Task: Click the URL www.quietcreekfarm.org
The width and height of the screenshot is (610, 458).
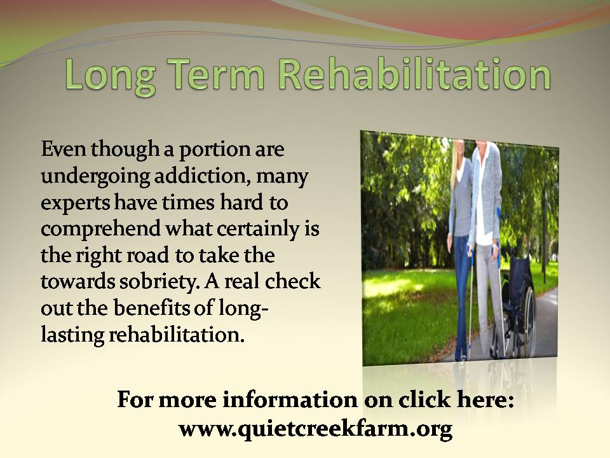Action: tap(316, 429)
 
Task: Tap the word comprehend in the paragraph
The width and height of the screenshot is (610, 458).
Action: tap(100, 230)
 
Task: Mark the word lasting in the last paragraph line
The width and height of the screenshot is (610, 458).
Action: tap(72, 336)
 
